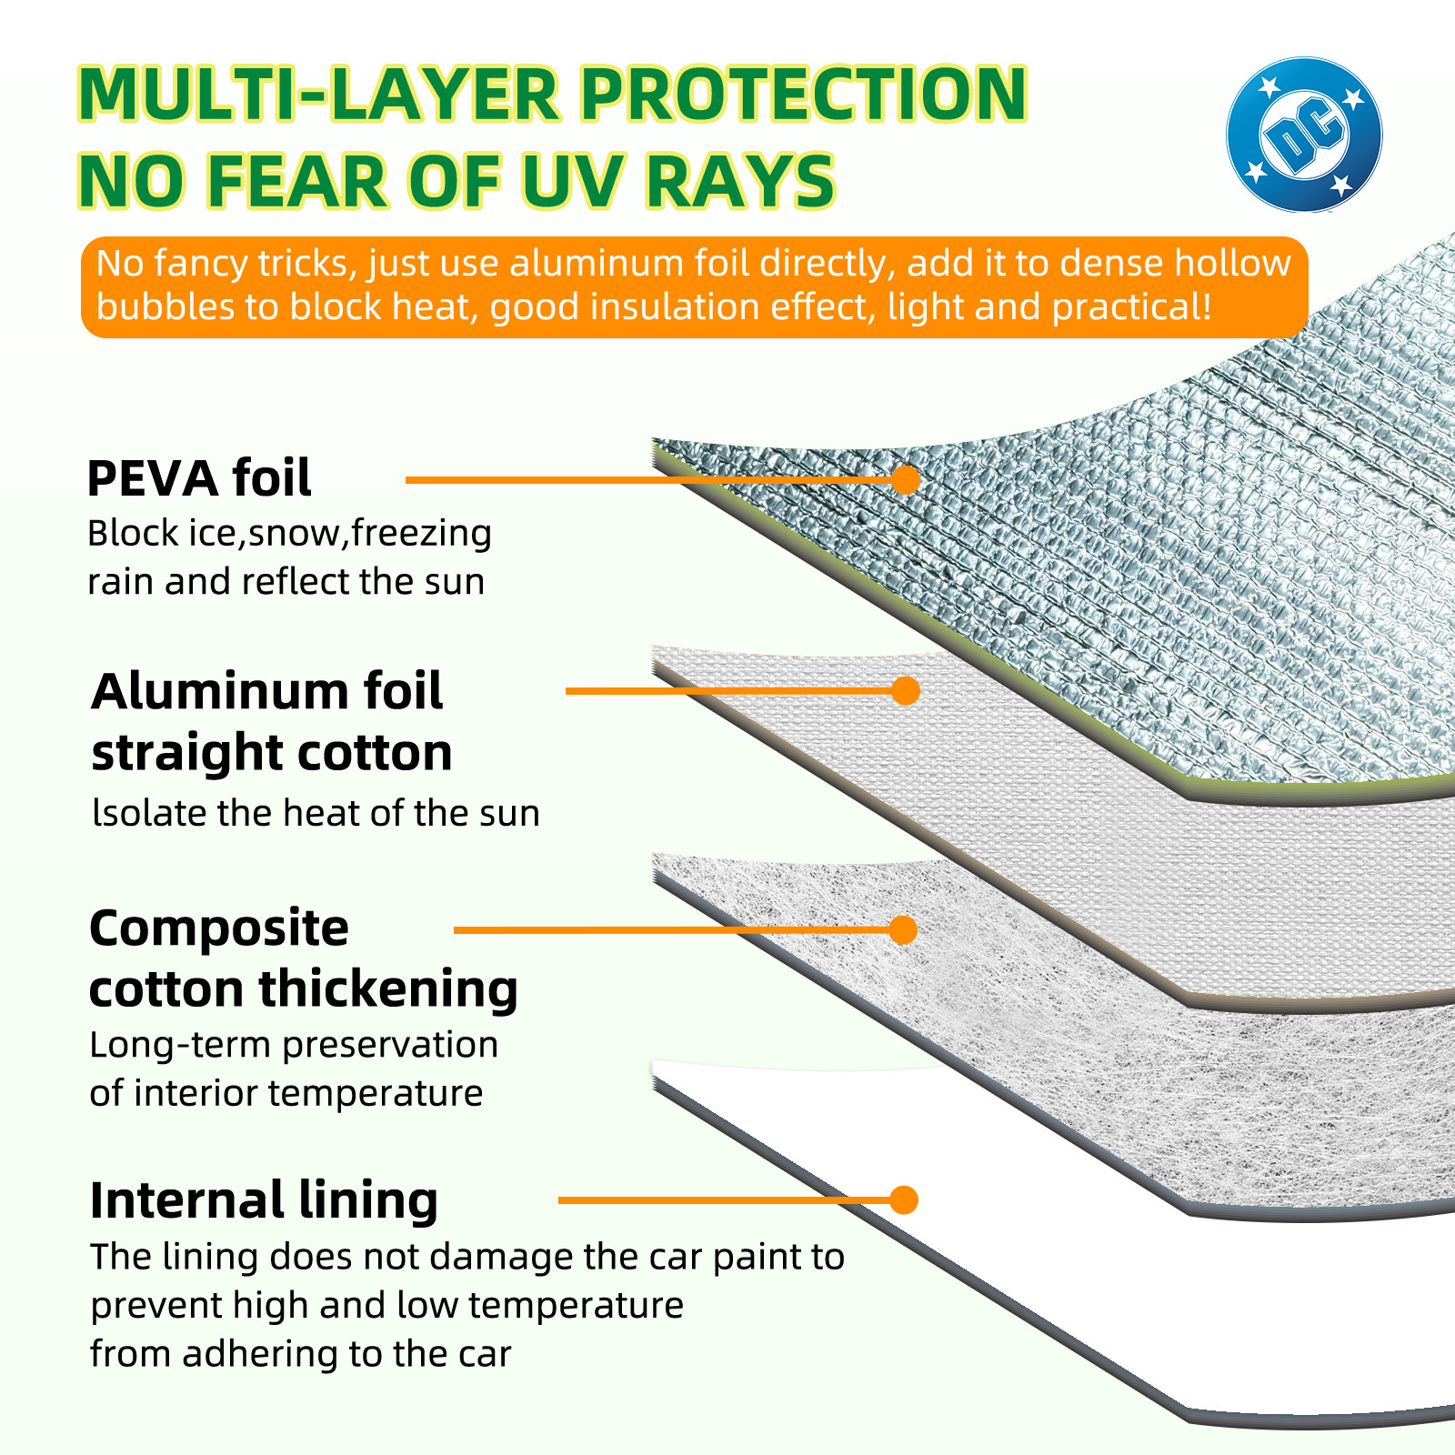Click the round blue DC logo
point(1303,135)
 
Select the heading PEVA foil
point(199,478)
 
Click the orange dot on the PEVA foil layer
point(906,480)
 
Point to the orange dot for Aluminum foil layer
point(906,691)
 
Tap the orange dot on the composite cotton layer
point(903,929)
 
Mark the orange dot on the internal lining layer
point(903,1199)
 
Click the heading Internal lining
point(264,1200)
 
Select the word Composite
point(219,928)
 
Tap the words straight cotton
point(271,753)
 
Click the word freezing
point(421,533)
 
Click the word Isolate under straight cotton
point(150,813)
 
